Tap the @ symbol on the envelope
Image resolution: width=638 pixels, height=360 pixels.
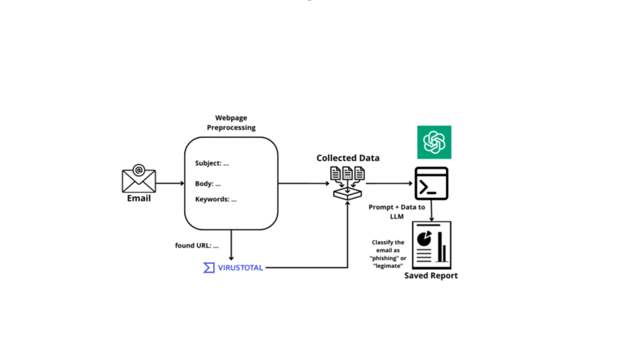[x=138, y=170]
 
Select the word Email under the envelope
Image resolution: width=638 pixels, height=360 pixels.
[x=139, y=198]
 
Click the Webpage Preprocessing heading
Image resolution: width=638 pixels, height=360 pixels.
[x=231, y=123]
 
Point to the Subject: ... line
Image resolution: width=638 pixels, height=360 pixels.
[x=212, y=163]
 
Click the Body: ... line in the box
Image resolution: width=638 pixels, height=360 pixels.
[x=208, y=184]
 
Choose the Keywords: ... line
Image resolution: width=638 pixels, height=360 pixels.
[x=216, y=199]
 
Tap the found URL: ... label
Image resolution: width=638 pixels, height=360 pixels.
[x=196, y=245]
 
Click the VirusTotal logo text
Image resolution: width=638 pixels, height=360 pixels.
[x=240, y=268]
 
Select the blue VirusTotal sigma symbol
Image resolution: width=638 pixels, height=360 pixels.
[x=209, y=268]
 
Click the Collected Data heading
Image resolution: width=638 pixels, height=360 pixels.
[x=348, y=158]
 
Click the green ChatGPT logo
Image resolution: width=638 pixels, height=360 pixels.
[x=434, y=142]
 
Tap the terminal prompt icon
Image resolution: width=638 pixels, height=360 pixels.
[x=431, y=184]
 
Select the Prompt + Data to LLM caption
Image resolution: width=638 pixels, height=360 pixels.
[x=396, y=212]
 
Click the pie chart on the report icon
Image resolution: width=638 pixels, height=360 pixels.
[x=424, y=238]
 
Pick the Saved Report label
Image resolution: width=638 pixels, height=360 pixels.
[x=431, y=276]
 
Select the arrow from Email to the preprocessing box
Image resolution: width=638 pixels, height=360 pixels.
[x=170, y=183]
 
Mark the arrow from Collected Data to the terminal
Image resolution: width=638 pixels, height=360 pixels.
[x=389, y=183]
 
